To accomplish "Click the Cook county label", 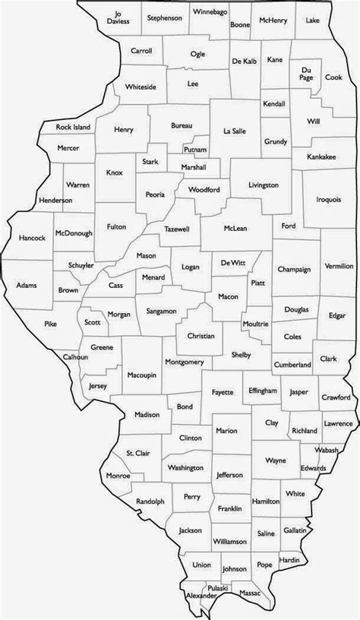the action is click(x=333, y=77).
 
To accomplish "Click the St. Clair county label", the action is click(x=138, y=453).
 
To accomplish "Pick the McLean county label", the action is click(x=233, y=226).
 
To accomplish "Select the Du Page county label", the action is click(x=307, y=72).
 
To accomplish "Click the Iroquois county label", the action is click(x=328, y=199).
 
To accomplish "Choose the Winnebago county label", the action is click(x=208, y=13).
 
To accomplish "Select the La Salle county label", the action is click(x=235, y=131).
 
